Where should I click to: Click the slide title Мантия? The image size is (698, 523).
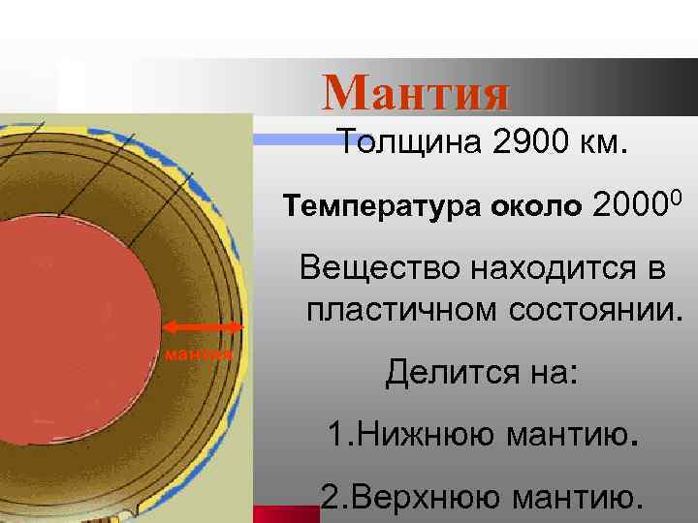pyautogui.click(x=416, y=93)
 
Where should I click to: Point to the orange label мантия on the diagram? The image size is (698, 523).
pyautogui.click(x=199, y=354)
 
